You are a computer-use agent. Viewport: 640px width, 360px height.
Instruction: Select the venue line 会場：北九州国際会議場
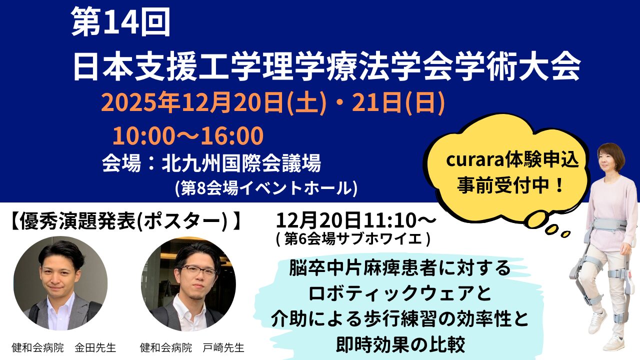(x=210, y=162)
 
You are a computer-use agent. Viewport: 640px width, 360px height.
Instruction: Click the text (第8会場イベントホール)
(x=266, y=187)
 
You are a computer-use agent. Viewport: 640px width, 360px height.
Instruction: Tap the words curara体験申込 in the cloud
(x=512, y=161)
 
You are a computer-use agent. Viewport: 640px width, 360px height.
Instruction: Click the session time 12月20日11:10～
(x=356, y=220)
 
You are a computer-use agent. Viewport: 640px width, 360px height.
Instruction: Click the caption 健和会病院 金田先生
(x=63, y=347)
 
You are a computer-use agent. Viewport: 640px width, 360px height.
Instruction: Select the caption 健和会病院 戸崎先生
(x=192, y=347)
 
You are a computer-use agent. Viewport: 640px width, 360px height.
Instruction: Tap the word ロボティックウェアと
(x=400, y=294)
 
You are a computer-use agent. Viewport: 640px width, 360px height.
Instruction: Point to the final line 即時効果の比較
(x=400, y=344)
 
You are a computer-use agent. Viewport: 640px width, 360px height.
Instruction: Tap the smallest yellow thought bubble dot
(x=565, y=233)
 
